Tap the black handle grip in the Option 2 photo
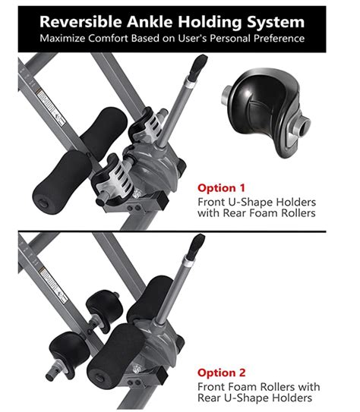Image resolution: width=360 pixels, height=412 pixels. point(196,245)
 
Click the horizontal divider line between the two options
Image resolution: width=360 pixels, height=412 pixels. point(180,232)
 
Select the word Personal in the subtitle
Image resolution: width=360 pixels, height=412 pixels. point(223,37)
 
